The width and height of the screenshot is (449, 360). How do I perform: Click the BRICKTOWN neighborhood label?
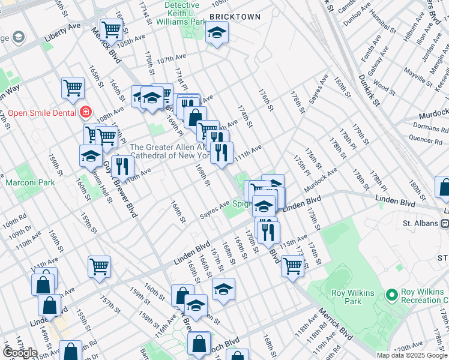pyautogui.click(x=235, y=17)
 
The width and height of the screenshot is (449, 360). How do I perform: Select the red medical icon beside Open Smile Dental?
pyautogui.click(x=85, y=112)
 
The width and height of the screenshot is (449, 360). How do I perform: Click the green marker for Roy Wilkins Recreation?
pyautogui.click(x=392, y=295)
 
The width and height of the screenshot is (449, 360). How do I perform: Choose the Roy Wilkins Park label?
pyautogui.click(x=353, y=297)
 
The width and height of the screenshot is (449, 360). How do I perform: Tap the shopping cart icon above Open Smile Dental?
pyautogui.click(x=73, y=88)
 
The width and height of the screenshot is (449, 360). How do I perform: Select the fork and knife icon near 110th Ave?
pyautogui.click(x=122, y=166)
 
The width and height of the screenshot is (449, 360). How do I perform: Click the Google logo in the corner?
pyautogui.click(x=20, y=353)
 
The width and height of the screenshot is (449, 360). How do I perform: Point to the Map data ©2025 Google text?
pyautogui.click(x=412, y=355)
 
